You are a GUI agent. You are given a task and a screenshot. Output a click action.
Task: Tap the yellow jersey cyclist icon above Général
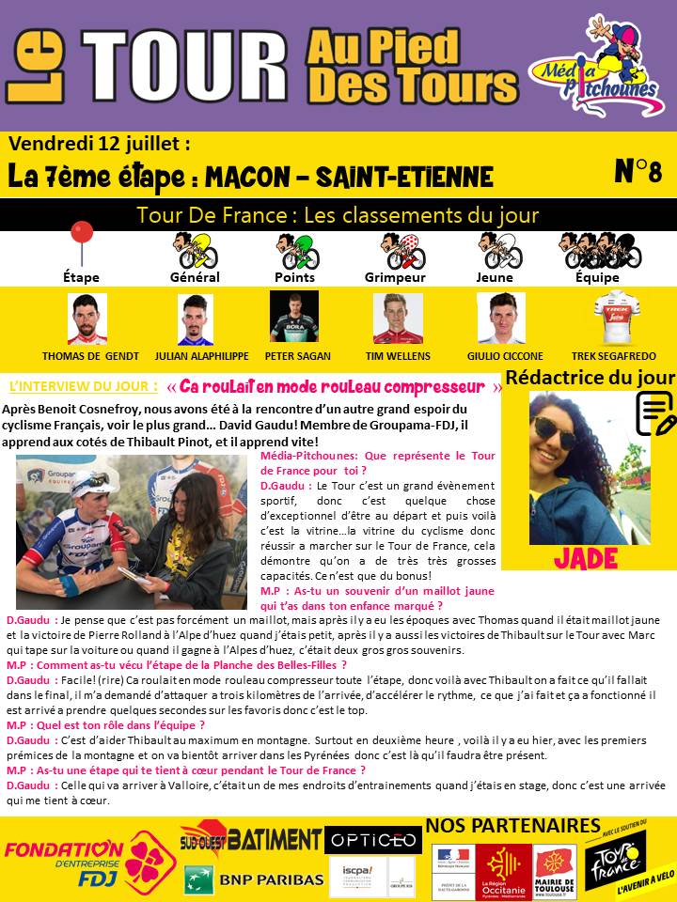coord(195,250)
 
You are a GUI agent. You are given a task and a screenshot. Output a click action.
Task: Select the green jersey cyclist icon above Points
coord(295,250)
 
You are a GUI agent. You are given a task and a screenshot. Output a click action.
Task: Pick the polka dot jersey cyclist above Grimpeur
coord(396,250)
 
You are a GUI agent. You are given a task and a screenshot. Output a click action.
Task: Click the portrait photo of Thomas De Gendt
coord(87,319)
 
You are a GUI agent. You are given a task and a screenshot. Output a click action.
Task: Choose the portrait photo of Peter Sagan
coord(294,317)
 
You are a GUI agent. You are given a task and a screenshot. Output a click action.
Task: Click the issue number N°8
coord(638,171)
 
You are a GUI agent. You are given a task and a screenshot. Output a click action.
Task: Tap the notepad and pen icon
coord(656,412)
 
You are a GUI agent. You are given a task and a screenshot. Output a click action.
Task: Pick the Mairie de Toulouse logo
coord(555,872)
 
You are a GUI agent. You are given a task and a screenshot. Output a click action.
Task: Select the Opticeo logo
coord(372,840)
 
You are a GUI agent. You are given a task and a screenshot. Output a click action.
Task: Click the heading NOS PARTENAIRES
coord(513,826)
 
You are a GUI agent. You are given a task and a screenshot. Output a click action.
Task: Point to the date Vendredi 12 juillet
coord(100,145)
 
